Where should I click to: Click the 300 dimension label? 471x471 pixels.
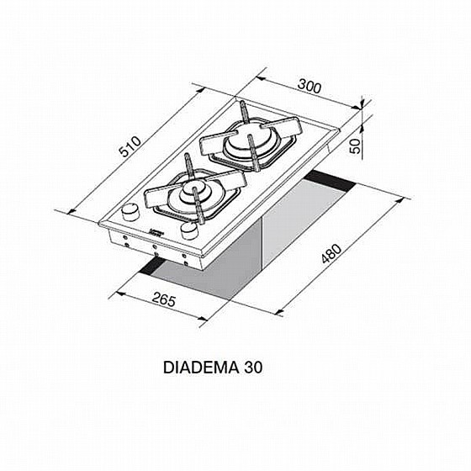click(x=310, y=86)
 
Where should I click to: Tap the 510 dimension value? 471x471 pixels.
click(x=130, y=146)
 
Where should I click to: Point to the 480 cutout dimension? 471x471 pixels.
click(x=331, y=254)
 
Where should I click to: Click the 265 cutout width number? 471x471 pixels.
click(x=164, y=299)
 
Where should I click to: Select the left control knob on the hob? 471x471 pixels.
click(x=130, y=211)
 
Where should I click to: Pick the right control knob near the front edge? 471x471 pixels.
click(x=189, y=231)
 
